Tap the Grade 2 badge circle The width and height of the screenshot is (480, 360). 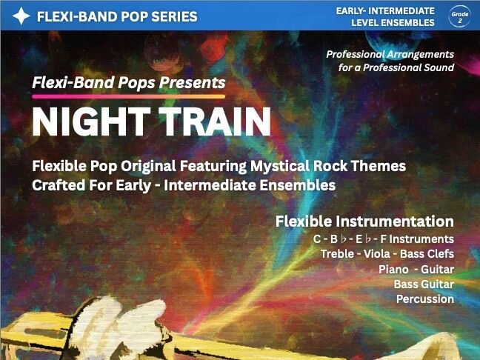(x=459, y=16)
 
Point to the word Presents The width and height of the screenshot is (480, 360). (x=193, y=82)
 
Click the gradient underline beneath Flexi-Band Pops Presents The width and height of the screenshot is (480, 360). (x=128, y=96)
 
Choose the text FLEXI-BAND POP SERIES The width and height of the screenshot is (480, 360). (x=117, y=16)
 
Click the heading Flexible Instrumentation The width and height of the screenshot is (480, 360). (x=364, y=221)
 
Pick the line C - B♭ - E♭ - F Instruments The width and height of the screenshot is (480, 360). (x=384, y=239)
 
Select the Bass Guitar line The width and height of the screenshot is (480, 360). (x=424, y=284)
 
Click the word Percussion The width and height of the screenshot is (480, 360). (x=424, y=299)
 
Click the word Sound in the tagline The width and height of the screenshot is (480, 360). (x=436, y=67)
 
